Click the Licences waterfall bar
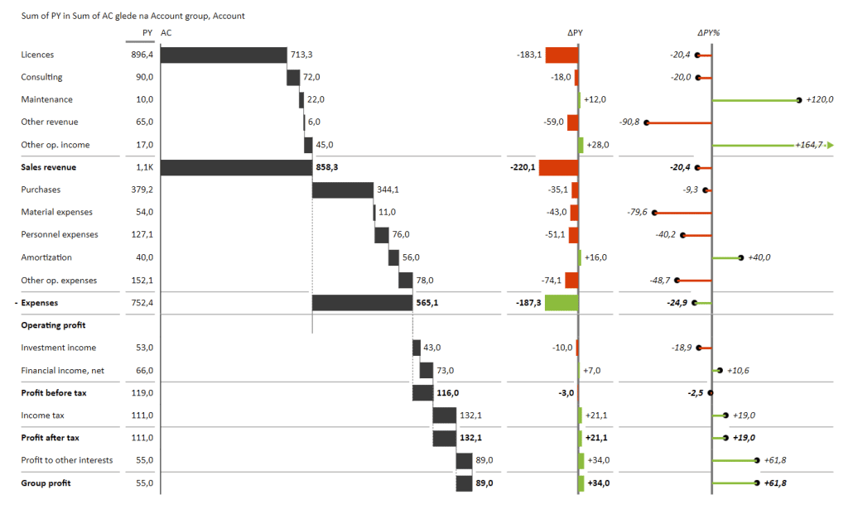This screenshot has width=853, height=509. (x=223, y=55)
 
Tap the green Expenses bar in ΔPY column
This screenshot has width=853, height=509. (x=561, y=303)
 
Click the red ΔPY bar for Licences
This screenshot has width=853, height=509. (x=561, y=55)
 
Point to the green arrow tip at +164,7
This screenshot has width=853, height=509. (x=829, y=145)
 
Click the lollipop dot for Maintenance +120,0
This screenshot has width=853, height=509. (x=799, y=100)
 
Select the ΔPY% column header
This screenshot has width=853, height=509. (x=709, y=32)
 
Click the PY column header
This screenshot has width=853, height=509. (x=147, y=32)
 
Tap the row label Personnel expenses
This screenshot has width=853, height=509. (x=60, y=235)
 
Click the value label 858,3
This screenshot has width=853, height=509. (x=326, y=167)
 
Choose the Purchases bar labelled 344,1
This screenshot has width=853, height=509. (x=343, y=190)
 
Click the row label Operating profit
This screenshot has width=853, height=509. (x=53, y=325)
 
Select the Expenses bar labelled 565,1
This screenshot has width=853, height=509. (x=362, y=303)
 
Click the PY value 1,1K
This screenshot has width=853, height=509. (x=144, y=167)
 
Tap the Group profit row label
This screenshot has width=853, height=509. (x=46, y=483)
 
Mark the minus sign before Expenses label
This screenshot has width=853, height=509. (x=16, y=303)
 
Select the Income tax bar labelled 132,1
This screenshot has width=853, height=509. (x=444, y=415)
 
